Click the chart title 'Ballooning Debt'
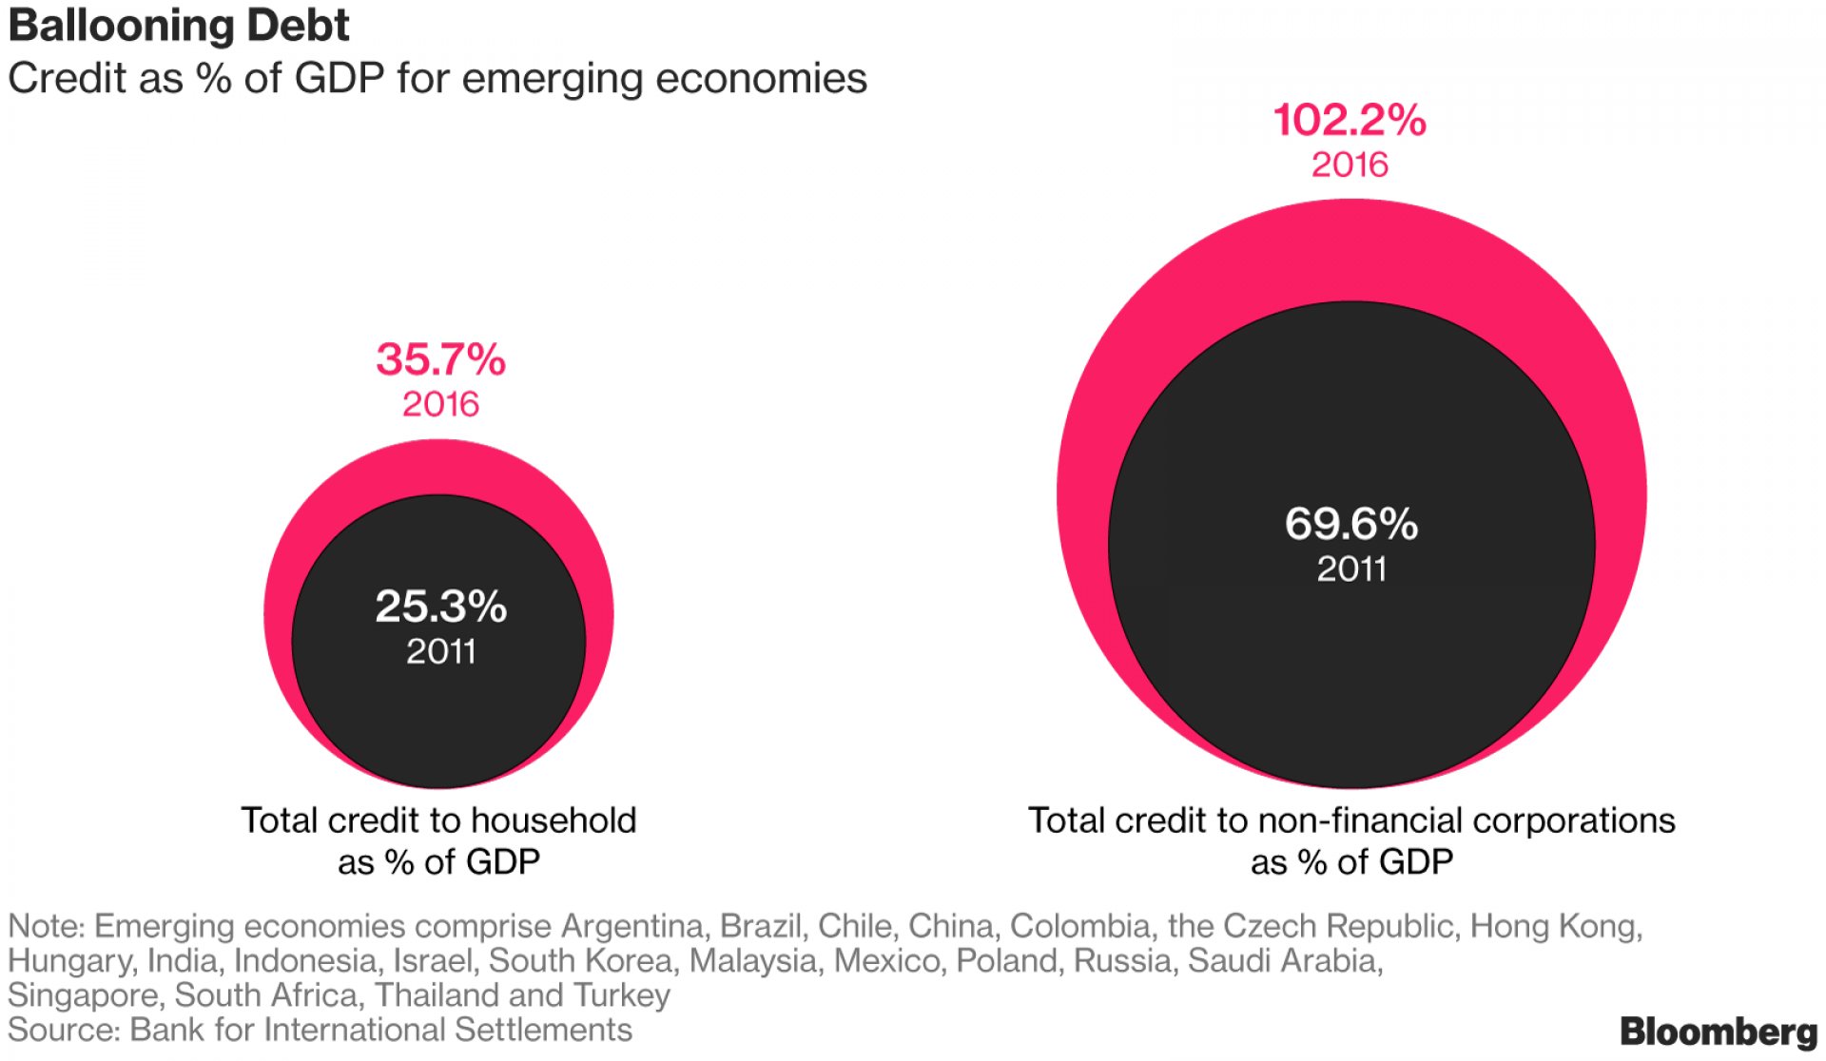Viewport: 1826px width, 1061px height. (x=179, y=26)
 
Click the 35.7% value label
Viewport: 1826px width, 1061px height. (x=440, y=359)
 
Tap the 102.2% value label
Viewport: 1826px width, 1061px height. (x=1350, y=121)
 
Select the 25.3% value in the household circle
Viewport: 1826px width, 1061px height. (x=440, y=607)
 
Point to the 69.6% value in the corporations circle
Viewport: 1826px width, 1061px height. (x=1350, y=524)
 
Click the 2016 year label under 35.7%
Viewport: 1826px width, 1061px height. (x=440, y=404)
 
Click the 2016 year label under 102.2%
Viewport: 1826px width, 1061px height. (x=1350, y=164)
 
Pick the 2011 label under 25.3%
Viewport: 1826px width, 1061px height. (x=440, y=651)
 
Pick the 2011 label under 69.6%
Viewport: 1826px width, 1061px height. (x=1350, y=569)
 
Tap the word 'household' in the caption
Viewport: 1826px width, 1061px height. (x=553, y=820)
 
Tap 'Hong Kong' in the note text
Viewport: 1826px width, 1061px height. (x=1555, y=925)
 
